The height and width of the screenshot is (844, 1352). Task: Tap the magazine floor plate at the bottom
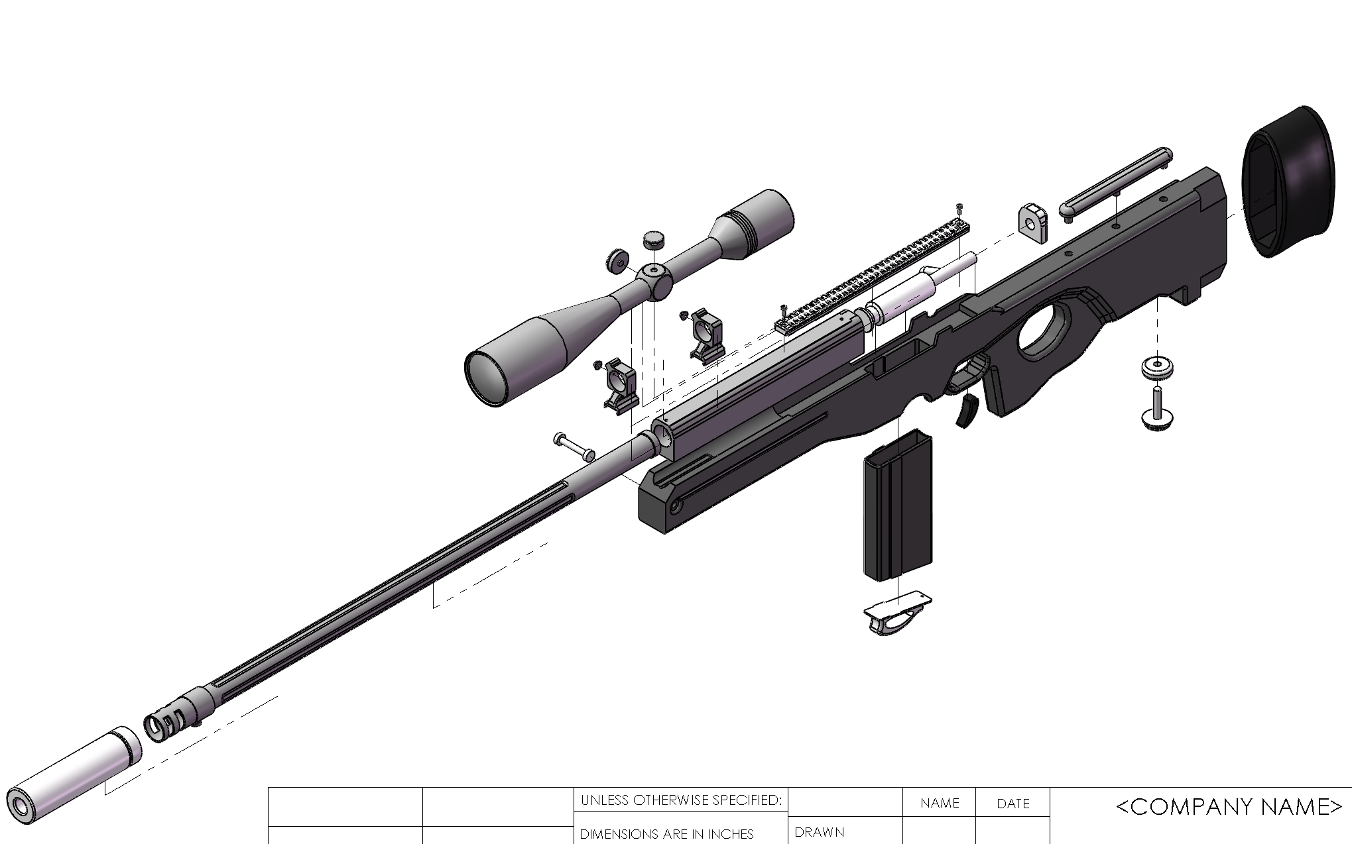click(x=898, y=612)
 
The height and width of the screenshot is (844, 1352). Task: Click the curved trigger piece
click(x=969, y=410)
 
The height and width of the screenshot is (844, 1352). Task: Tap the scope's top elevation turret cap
click(x=654, y=239)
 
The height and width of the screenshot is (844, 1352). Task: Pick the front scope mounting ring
click(x=621, y=385)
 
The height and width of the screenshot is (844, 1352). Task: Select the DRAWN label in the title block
click(x=819, y=832)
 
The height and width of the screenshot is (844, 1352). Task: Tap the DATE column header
click(x=1013, y=804)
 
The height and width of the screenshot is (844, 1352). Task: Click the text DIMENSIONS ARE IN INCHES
click(x=666, y=834)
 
